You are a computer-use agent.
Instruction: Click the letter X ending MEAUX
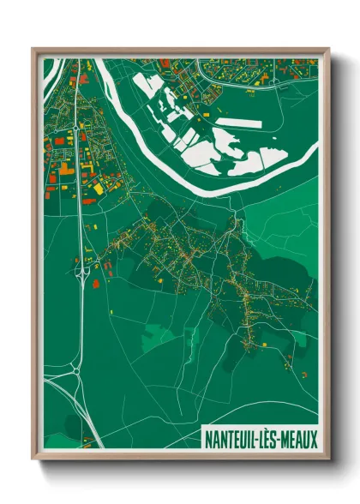(x=309, y=438)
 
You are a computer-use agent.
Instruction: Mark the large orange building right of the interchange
(x=96, y=282)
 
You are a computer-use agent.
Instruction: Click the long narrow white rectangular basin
(x=237, y=123)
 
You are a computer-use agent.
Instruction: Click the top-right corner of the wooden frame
(x=328, y=49)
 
